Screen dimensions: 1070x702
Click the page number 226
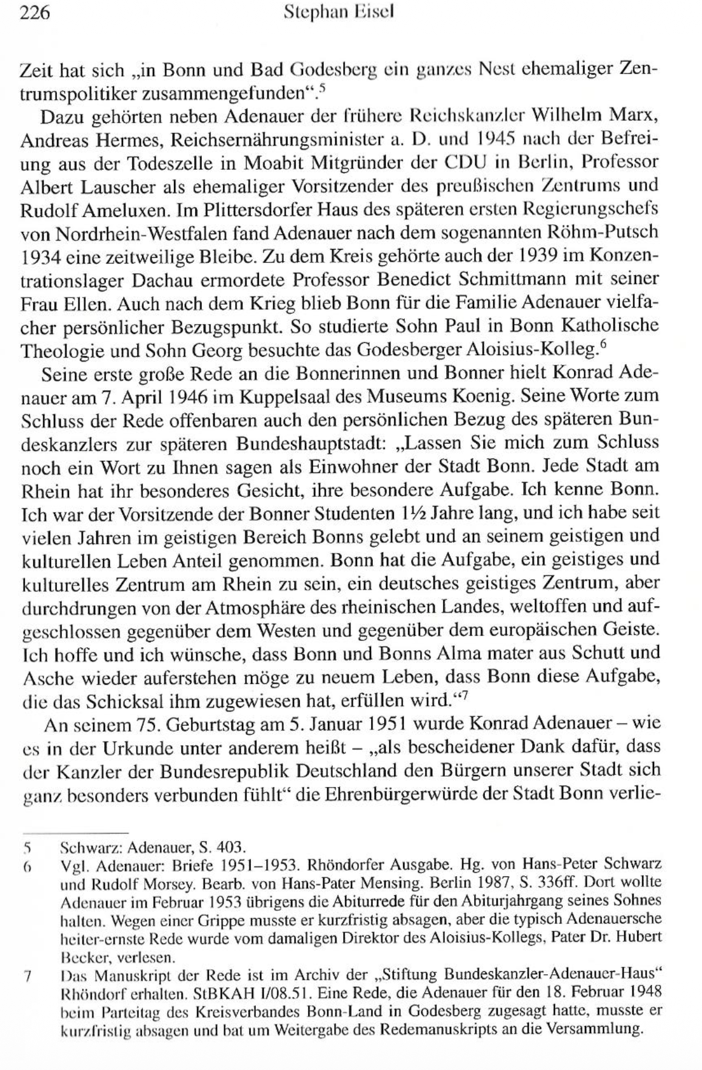coord(35,13)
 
